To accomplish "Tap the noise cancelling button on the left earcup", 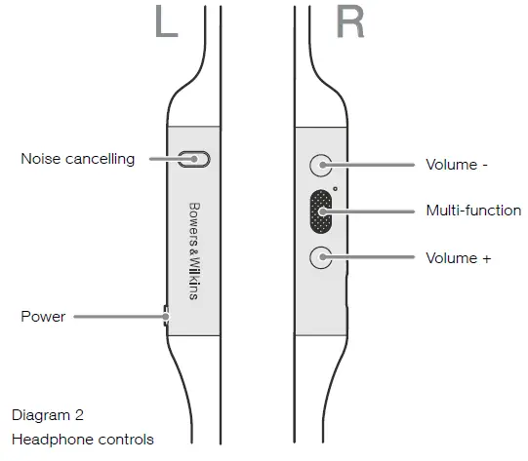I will click(x=195, y=158).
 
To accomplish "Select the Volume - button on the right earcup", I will click(x=320, y=165).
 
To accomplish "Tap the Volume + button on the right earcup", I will click(x=320, y=258).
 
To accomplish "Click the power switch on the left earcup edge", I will click(x=166, y=315).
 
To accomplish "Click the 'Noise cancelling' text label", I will click(x=78, y=159).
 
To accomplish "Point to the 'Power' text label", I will click(x=43, y=317).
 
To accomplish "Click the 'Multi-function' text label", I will click(x=473, y=211).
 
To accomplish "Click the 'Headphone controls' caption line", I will click(x=83, y=440).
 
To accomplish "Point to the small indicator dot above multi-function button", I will click(x=335, y=188).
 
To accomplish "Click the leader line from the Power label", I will click(x=117, y=316).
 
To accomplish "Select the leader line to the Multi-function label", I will click(x=376, y=211).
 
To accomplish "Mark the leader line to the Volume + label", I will click(x=376, y=258).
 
